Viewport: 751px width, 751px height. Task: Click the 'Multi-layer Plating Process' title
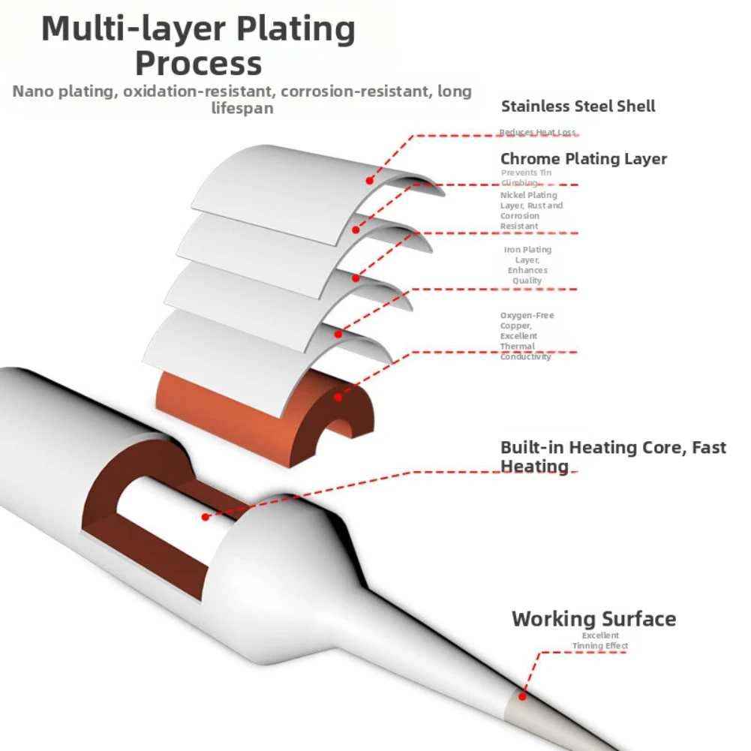[x=199, y=45]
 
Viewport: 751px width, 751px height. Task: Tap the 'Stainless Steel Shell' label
[x=578, y=107]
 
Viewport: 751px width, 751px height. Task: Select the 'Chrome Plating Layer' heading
[x=583, y=159]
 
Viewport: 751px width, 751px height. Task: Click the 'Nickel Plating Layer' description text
[x=531, y=211]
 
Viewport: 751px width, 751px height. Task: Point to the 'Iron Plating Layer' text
[x=527, y=265]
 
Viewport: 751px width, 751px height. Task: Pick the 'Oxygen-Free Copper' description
[x=527, y=336]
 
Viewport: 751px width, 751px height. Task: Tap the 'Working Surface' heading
[x=593, y=619]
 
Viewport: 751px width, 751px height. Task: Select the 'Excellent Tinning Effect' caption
[x=600, y=641]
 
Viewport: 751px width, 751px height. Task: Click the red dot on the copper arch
[x=339, y=398]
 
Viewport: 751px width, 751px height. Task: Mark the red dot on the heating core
[x=206, y=517]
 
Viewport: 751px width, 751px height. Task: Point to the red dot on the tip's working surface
[x=523, y=695]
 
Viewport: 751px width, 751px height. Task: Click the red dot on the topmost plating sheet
[x=369, y=180]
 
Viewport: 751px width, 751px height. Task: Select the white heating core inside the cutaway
[x=173, y=518]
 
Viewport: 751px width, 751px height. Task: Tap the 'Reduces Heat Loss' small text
[x=537, y=133]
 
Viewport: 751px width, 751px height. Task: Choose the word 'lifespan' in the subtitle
[x=242, y=108]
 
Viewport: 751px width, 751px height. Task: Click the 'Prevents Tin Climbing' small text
[x=526, y=178]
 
